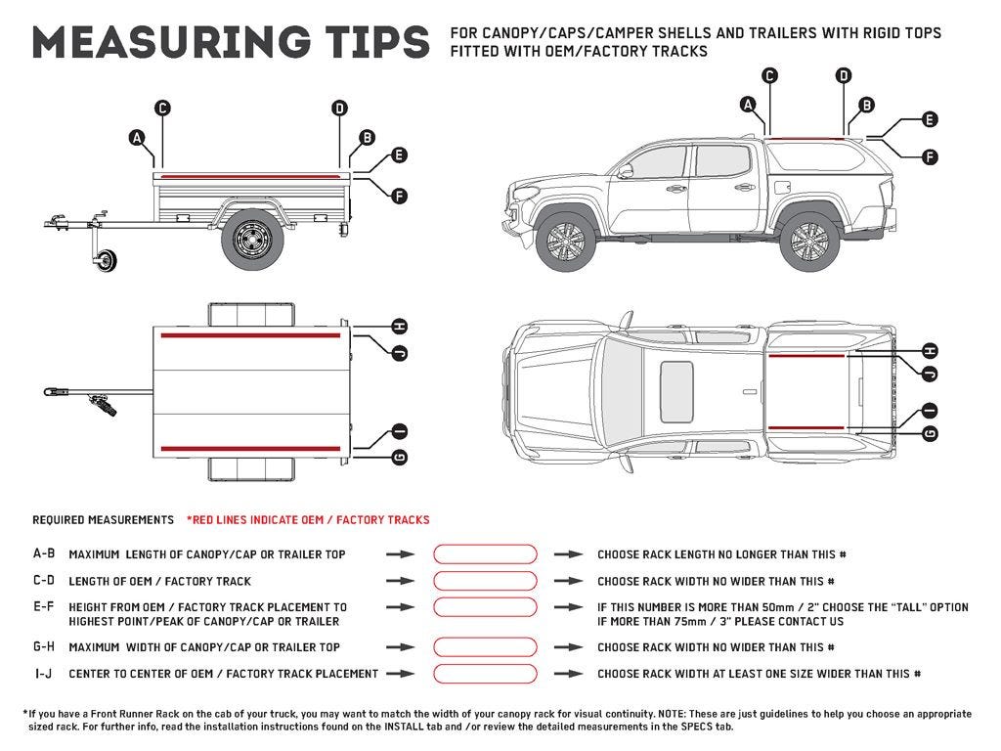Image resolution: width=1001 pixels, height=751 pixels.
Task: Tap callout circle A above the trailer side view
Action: pyautogui.click(x=138, y=138)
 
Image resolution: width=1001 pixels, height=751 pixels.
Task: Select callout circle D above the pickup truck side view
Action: pyautogui.click(x=844, y=75)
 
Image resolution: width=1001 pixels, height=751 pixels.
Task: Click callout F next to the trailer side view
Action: pyautogui.click(x=398, y=196)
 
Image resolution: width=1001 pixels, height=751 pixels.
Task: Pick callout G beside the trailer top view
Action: pyautogui.click(x=398, y=457)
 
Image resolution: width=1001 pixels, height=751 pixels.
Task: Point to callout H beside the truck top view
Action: pyautogui.click(x=929, y=351)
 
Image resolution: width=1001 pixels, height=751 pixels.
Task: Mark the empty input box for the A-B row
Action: pyautogui.click(x=485, y=554)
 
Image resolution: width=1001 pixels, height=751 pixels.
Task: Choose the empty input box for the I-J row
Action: pyautogui.click(x=485, y=674)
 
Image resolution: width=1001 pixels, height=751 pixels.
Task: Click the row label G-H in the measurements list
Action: pyautogui.click(x=44, y=647)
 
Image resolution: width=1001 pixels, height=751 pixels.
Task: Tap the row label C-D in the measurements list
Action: pyautogui.click(x=44, y=581)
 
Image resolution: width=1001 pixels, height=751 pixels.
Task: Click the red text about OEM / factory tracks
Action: pyautogui.click(x=308, y=520)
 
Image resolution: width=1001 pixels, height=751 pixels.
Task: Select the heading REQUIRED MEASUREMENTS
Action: pyautogui.click(x=102, y=520)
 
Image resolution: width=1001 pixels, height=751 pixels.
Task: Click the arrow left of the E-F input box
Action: pyautogui.click(x=400, y=607)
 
